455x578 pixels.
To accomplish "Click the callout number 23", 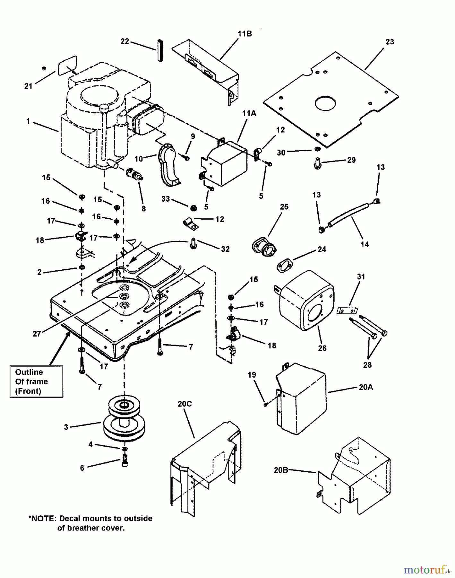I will tap(390, 42).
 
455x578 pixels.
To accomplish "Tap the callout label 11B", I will tap(245, 34).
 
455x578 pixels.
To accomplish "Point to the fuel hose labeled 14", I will tap(348, 214).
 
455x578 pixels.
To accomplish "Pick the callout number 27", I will tap(37, 334).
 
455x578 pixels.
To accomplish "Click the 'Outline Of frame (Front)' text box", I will tap(36, 381).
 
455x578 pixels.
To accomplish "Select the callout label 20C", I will tap(185, 404).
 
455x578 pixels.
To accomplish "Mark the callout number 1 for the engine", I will tap(28, 121).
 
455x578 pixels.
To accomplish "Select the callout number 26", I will tap(322, 348).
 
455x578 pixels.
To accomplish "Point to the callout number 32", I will tap(225, 249).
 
